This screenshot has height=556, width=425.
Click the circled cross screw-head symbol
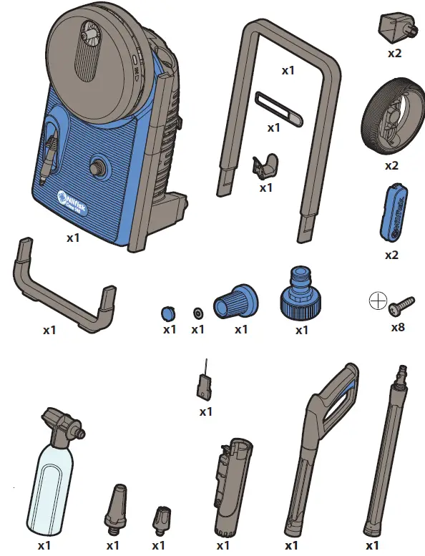tap(377, 301)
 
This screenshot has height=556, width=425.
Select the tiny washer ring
tap(197, 313)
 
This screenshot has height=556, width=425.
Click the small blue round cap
tap(167, 313)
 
